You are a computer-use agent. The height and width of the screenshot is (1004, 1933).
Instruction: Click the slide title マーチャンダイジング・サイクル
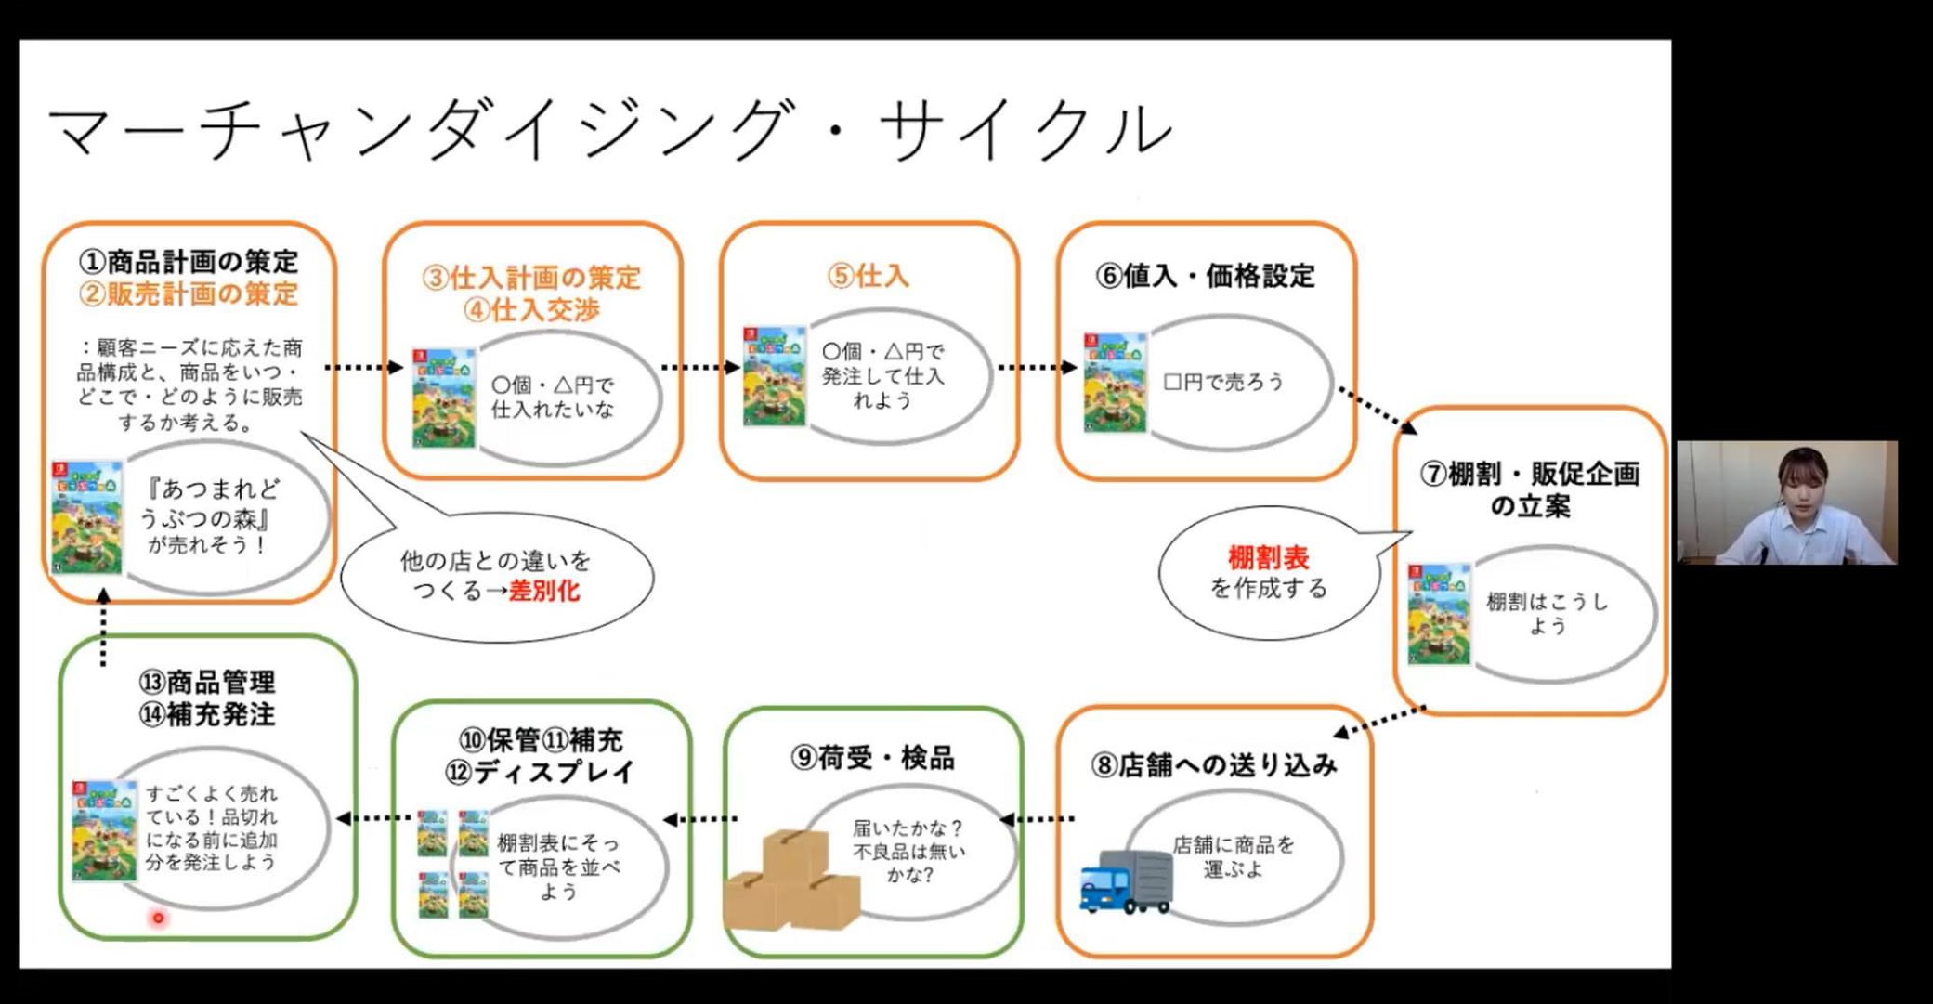point(608,129)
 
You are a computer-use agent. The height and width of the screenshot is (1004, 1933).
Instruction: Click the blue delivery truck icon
point(1125,880)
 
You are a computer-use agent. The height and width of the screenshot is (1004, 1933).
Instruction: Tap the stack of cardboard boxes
point(791,880)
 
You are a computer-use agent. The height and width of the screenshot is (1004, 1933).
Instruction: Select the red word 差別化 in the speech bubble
point(544,591)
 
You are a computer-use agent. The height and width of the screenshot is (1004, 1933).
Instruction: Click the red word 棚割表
point(1268,558)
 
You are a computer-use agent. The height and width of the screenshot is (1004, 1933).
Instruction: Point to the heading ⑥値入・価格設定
point(1205,276)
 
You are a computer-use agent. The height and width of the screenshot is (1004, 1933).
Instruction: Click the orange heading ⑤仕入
point(869,276)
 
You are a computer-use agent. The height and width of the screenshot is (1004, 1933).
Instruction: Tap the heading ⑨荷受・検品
point(872,758)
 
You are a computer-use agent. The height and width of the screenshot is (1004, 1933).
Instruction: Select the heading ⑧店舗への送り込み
point(1214,764)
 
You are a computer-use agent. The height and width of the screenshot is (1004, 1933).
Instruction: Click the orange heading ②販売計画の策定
point(189,294)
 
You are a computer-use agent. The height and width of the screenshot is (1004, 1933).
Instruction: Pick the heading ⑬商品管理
point(207,683)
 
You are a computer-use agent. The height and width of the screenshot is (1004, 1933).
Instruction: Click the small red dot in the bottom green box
point(159,918)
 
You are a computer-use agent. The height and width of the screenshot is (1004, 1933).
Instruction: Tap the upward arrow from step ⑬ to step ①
point(103,627)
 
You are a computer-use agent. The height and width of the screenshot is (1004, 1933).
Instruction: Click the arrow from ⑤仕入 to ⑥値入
point(1037,368)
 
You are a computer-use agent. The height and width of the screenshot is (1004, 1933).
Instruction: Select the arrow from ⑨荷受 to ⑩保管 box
point(701,819)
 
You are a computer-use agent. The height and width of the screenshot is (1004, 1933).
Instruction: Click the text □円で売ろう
point(1223,382)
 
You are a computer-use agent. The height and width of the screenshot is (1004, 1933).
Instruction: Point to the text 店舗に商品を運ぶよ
point(1233,856)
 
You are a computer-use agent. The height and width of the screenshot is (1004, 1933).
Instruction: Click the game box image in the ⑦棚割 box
point(1439,614)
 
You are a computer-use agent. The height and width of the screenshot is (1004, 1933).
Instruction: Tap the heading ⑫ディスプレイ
point(540,772)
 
